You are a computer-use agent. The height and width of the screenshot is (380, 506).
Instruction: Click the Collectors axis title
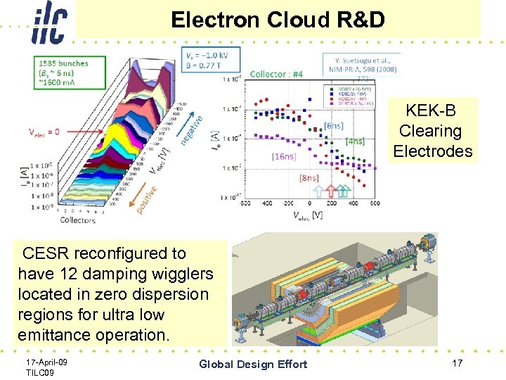point(78,220)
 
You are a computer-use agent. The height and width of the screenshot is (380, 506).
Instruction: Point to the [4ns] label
point(355,141)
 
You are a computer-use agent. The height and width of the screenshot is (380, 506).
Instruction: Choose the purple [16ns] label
point(284,156)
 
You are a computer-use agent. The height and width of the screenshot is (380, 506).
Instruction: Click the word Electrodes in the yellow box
point(432,151)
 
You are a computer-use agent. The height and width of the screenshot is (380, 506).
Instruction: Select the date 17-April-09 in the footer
point(46,361)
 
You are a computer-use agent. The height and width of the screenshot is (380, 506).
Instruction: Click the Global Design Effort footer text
point(253,364)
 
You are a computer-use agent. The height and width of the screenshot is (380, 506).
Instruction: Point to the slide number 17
point(457,362)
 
